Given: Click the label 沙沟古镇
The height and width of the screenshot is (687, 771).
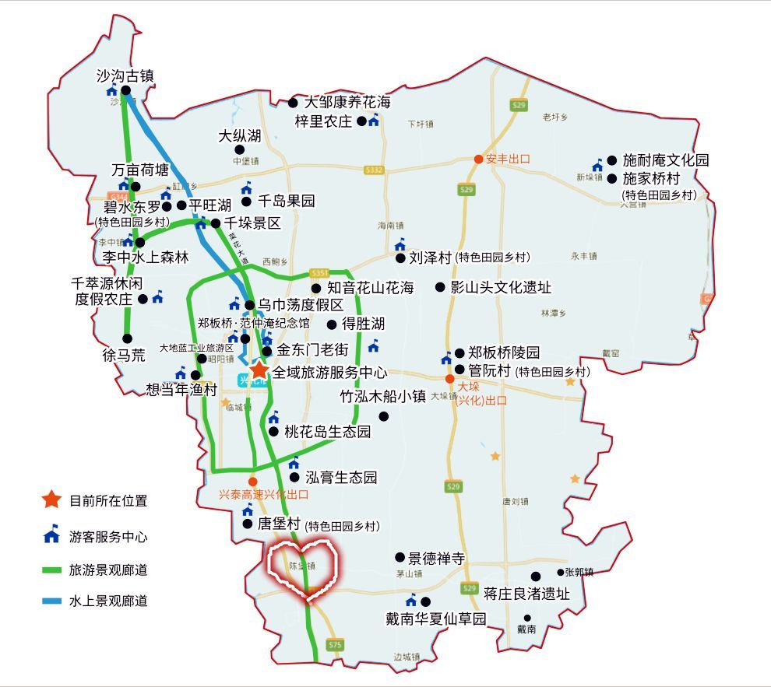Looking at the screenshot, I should tap(125, 75).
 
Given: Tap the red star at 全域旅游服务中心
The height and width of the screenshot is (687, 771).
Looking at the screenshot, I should tap(259, 370).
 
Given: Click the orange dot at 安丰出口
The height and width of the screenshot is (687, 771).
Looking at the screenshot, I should tap(478, 159).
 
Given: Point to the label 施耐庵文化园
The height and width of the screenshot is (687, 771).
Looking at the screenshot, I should tap(666, 160).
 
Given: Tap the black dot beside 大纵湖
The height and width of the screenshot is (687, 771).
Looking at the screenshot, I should tap(239, 149).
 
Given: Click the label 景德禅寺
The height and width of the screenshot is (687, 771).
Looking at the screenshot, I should tap(437, 558).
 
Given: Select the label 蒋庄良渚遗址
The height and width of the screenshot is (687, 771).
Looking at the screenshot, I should tap(526, 594).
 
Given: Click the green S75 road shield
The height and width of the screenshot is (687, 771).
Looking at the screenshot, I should tap(336, 645).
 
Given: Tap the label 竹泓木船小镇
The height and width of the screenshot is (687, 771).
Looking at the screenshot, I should tap(383, 397).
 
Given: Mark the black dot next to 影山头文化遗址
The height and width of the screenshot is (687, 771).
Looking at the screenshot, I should tap(440, 287).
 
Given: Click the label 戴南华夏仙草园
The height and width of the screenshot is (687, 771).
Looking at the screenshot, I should tap(436, 619).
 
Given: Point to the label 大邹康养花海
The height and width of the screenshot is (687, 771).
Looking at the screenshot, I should tap(347, 102).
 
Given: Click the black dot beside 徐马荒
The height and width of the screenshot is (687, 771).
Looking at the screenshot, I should tap(128, 338).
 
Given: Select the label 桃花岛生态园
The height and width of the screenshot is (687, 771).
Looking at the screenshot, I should tap(327, 432).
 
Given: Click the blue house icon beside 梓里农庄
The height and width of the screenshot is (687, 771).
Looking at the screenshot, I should tap(374, 120).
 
